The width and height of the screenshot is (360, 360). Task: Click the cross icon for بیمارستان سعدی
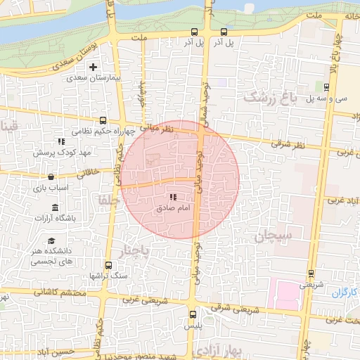(x=93, y=67)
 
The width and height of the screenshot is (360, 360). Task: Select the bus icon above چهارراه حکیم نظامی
(x=103, y=120)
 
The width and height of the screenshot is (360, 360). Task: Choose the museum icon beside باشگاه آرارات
(x=56, y=207)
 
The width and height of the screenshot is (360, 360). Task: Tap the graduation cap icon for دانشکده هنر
(x=51, y=241)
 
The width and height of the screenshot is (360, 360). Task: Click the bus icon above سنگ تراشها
(x=108, y=266)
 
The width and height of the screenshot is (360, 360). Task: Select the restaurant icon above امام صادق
(x=174, y=198)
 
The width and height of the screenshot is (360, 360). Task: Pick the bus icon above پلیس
(x=193, y=314)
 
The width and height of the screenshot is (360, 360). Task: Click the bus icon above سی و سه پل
(x=327, y=87)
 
